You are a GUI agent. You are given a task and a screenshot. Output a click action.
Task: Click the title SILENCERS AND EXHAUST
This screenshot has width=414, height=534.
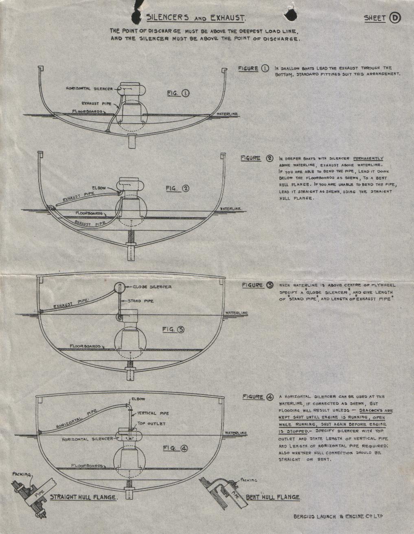(x=196, y=18)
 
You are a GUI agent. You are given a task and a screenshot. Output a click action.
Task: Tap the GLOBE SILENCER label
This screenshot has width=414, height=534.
(x=152, y=287)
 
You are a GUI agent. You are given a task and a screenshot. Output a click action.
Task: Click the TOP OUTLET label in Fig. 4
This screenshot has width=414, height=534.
(x=151, y=424)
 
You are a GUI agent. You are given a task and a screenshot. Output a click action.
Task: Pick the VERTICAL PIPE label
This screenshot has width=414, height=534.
(x=152, y=413)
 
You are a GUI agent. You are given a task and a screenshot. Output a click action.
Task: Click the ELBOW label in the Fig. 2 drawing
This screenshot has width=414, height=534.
(x=99, y=188)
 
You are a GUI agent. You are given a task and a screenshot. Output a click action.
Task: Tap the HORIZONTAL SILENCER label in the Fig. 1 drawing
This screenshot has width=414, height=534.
(x=89, y=89)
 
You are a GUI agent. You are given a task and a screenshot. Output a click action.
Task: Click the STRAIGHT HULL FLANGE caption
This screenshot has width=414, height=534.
(x=83, y=497)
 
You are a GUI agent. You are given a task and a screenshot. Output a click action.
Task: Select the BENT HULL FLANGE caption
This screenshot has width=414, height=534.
(x=273, y=497)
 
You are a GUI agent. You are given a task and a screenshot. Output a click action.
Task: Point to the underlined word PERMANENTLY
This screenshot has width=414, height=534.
(x=368, y=158)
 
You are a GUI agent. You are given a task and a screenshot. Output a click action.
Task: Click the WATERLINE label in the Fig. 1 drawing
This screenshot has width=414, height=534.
(x=227, y=114)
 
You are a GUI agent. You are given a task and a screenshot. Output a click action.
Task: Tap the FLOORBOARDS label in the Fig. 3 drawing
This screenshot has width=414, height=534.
(x=85, y=347)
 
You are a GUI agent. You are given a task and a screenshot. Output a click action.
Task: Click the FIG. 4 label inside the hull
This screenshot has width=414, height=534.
(x=175, y=448)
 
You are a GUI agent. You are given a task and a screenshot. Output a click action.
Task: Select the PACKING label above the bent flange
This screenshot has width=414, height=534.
(x=249, y=480)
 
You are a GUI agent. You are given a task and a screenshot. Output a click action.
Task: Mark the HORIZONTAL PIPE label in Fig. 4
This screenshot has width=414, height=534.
(x=77, y=419)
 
